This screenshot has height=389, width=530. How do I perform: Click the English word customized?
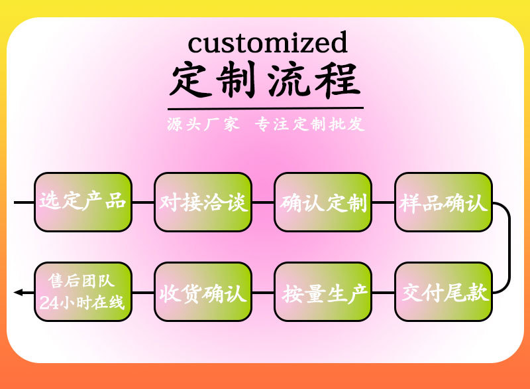(x=267, y=42)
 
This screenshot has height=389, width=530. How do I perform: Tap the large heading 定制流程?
(x=266, y=80)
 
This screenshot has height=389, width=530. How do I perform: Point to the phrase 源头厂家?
(x=203, y=124)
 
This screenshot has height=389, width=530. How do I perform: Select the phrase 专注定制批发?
(x=309, y=124)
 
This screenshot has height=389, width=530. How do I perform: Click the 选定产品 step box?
(x=83, y=202)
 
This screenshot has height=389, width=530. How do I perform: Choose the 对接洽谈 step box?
(x=203, y=202)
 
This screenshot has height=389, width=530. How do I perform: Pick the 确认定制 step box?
(x=323, y=202)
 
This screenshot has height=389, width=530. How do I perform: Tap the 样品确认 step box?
(x=443, y=202)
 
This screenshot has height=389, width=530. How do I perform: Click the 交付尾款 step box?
(x=443, y=292)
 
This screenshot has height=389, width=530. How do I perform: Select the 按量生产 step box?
(x=323, y=292)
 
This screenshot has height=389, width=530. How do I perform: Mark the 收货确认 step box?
(x=203, y=292)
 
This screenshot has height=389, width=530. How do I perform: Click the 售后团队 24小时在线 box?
(x=83, y=292)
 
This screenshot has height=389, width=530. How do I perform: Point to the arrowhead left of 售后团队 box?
(x=18, y=292)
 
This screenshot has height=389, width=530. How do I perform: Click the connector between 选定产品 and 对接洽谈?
(x=143, y=202)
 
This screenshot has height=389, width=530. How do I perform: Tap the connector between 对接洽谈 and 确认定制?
(x=263, y=202)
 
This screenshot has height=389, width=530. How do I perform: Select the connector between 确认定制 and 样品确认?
(x=383, y=202)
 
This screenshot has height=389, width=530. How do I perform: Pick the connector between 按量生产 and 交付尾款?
(x=383, y=292)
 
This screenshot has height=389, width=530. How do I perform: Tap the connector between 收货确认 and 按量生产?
(x=263, y=292)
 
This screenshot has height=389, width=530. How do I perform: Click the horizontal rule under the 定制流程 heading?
(x=265, y=108)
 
